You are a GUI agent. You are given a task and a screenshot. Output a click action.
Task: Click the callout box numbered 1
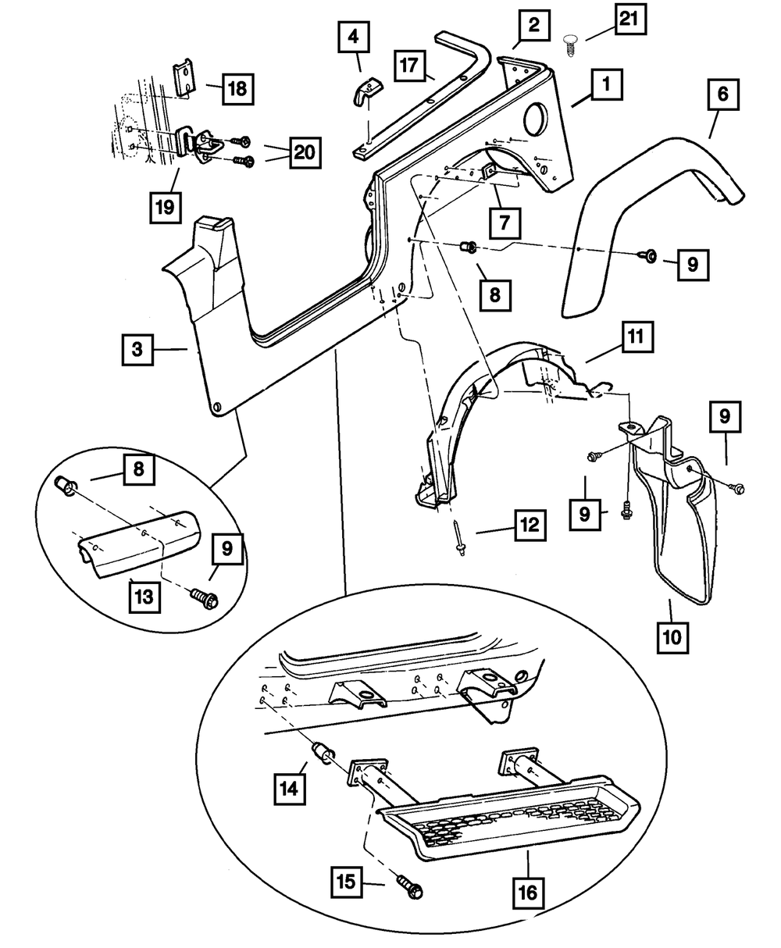(x=606, y=85)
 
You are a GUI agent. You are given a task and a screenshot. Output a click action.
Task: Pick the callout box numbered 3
(x=137, y=351)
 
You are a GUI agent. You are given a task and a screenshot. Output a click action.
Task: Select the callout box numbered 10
(x=672, y=636)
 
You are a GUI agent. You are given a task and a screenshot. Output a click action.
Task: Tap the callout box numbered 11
(x=637, y=340)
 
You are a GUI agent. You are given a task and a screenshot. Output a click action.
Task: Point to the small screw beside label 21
(x=570, y=40)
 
